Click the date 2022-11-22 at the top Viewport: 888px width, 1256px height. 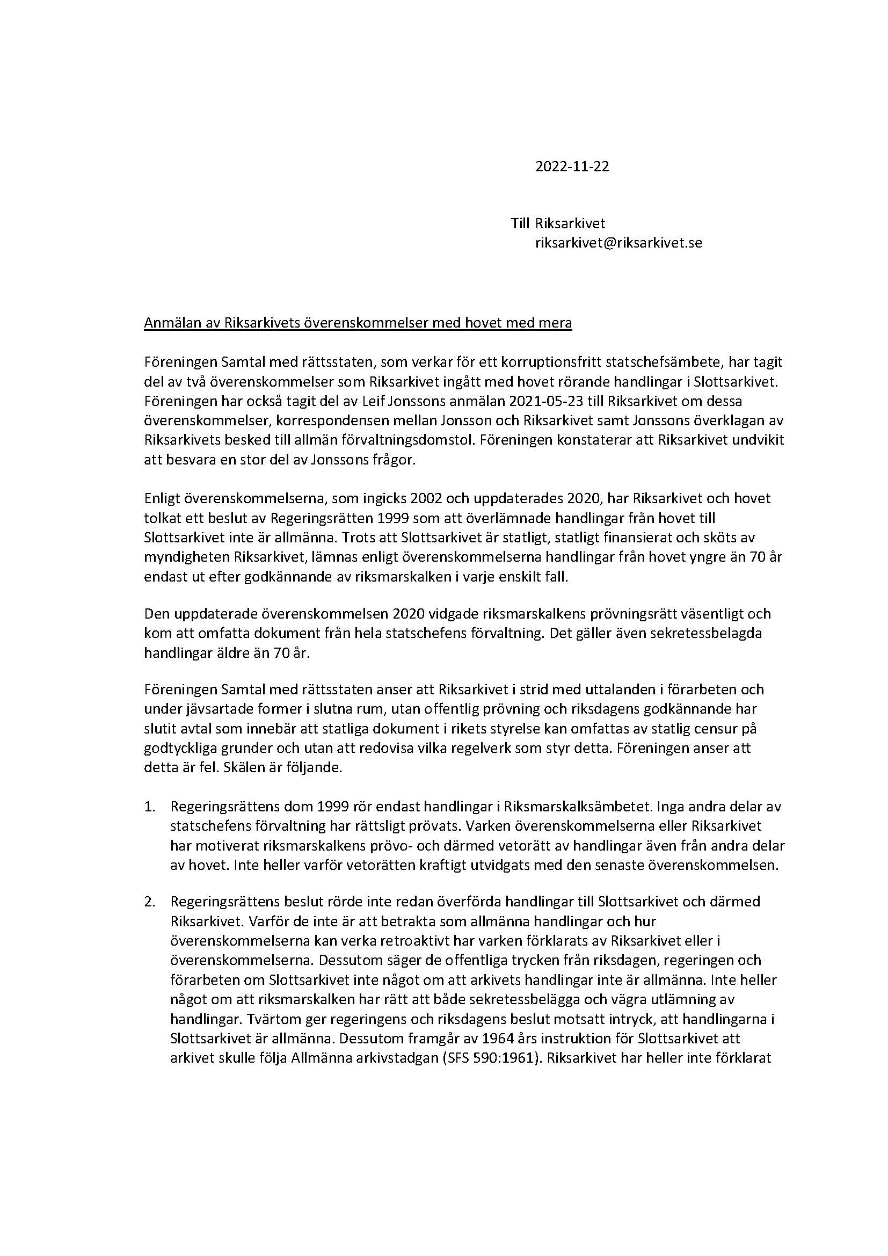(x=571, y=167)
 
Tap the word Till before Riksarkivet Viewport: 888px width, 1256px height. (x=521, y=224)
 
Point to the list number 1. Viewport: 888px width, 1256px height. (x=149, y=807)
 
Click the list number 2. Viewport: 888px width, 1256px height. (x=149, y=902)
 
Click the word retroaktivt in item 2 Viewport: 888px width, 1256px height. (x=411, y=941)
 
